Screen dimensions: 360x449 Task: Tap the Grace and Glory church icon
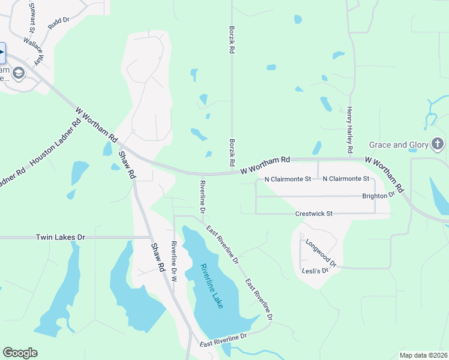click(438, 144)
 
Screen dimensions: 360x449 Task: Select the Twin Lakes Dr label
click(61, 238)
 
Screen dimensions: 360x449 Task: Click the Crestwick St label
click(313, 214)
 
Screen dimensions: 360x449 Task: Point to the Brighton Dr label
click(378, 196)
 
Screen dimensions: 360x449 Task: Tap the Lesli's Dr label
click(316, 271)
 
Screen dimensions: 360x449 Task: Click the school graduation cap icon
click(19, 74)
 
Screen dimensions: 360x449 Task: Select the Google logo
click(20, 353)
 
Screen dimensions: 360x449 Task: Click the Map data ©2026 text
click(423, 355)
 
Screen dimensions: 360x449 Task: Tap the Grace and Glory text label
click(399, 145)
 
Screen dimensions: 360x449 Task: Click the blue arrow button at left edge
click(2, 53)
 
